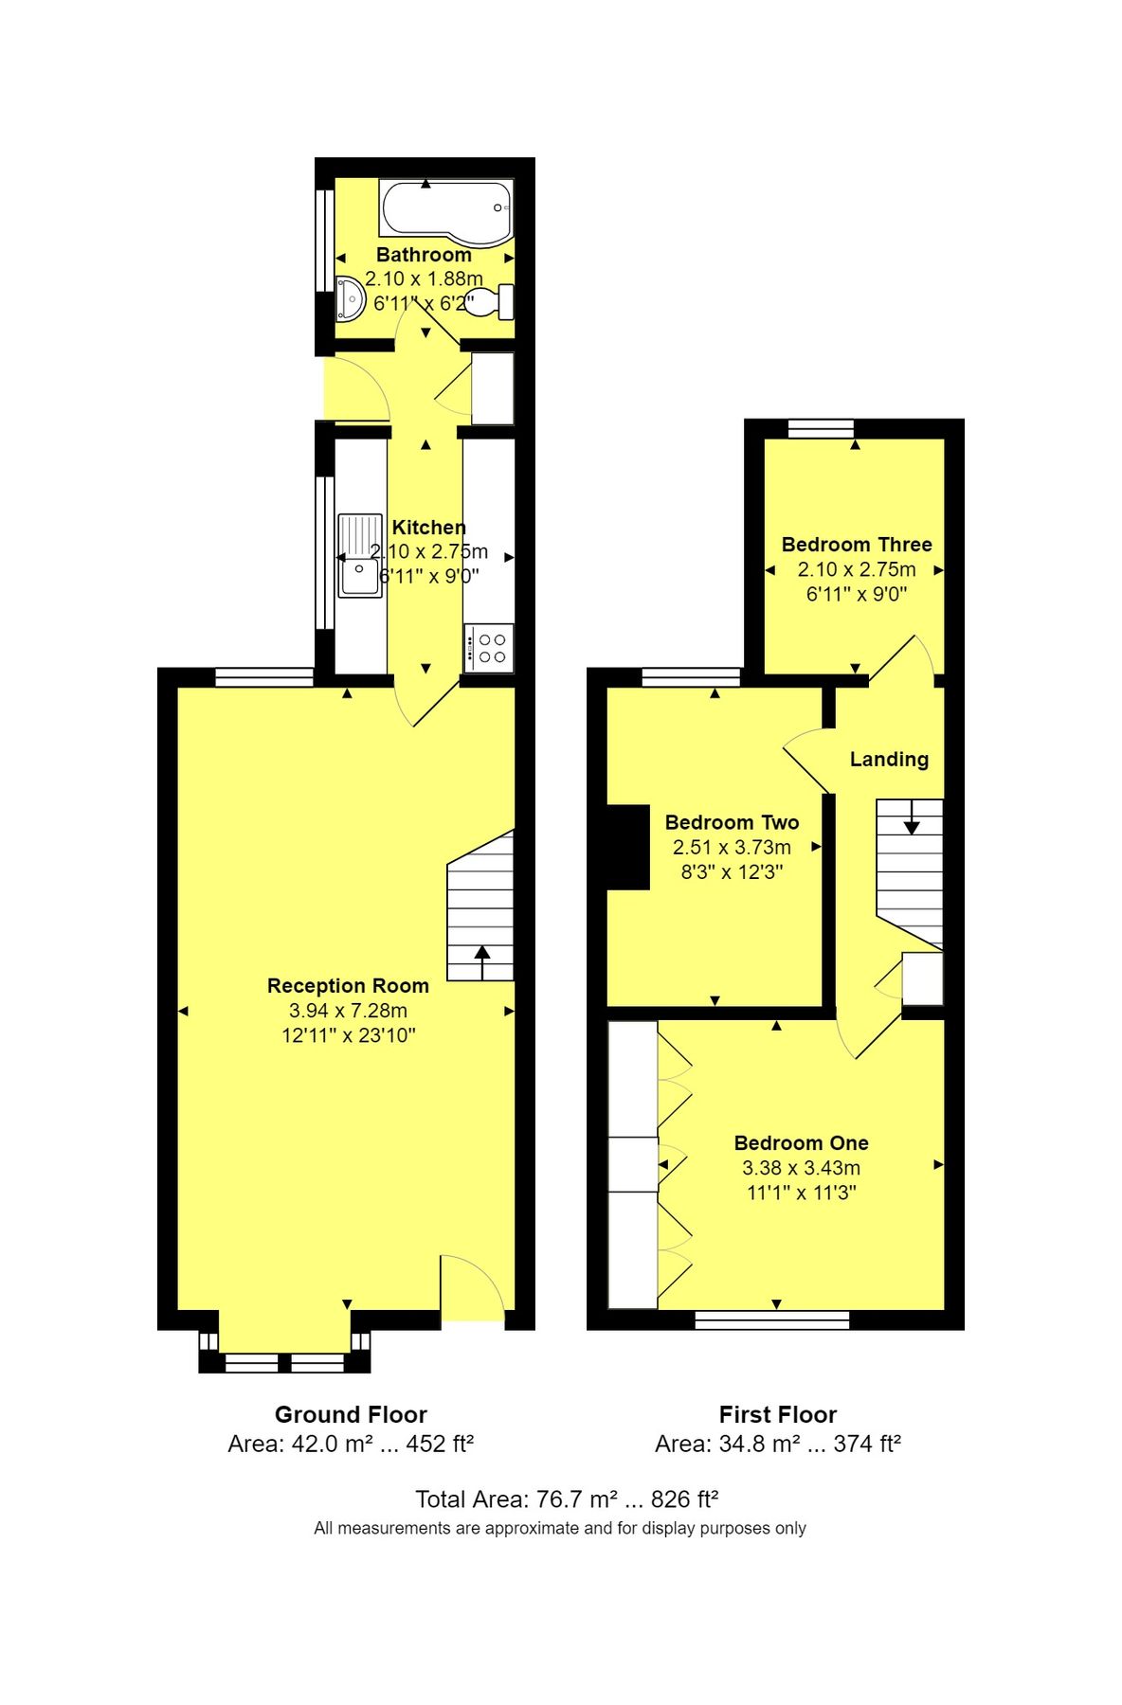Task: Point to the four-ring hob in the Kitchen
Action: (x=490, y=649)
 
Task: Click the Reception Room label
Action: (x=348, y=986)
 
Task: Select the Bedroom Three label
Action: (x=857, y=545)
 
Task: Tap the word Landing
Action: (x=889, y=760)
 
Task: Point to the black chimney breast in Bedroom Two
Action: (x=627, y=847)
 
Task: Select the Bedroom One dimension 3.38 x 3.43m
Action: (x=802, y=1168)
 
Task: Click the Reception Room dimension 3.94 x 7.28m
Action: (x=348, y=1011)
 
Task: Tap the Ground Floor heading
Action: (x=351, y=1415)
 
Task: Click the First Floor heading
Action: (x=777, y=1415)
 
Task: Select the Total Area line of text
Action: (x=566, y=1499)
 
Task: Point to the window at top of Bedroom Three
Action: (x=821, y=428)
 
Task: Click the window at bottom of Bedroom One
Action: (x=772, y=1320)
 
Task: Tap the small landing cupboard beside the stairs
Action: (x=922, y=978)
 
